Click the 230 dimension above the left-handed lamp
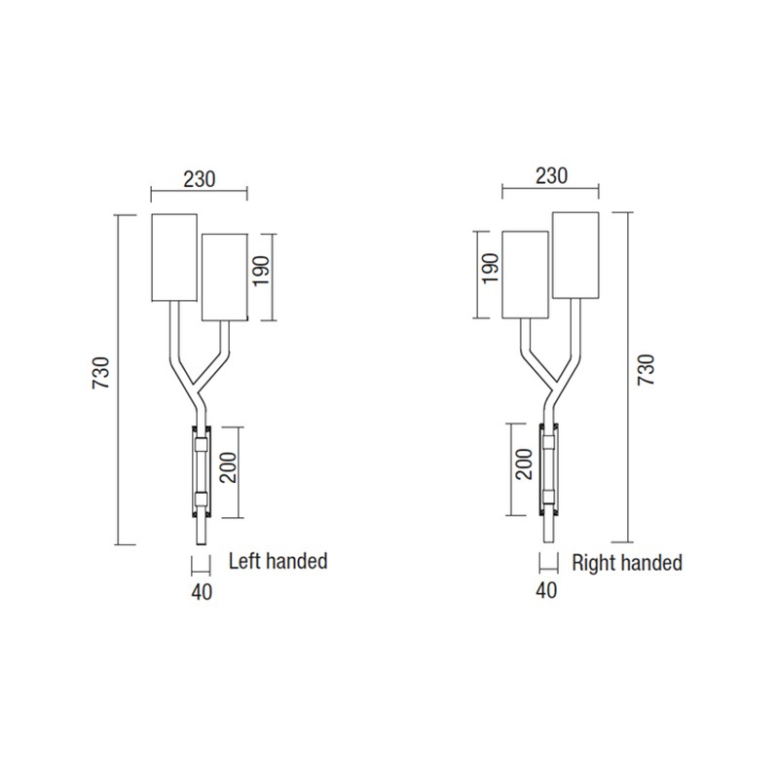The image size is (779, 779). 200,179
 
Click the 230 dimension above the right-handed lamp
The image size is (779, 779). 551,176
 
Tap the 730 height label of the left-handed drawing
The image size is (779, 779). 101,373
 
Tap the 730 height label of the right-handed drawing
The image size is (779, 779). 647,370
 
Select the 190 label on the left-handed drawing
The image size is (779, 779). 261,271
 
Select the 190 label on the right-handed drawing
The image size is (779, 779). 491,269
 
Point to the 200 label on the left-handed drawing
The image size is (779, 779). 229,467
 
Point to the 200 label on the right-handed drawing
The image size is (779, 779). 524,464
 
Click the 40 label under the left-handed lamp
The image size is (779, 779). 202,592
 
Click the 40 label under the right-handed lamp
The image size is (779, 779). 546,590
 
